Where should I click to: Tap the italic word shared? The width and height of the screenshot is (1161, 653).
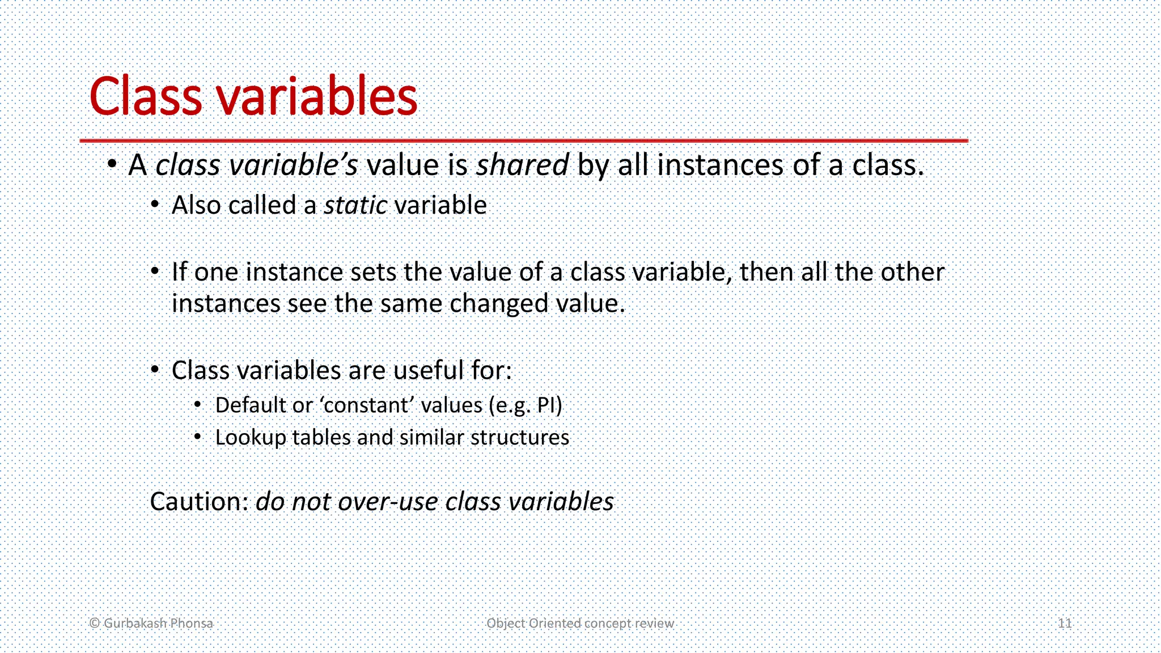(x=522, y=166)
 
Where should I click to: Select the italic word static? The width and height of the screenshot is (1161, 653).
(x=355, y=205)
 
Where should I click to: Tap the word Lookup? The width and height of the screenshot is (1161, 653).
(x=251, y=438)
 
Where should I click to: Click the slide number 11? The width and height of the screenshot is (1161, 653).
(x=1065, y=624)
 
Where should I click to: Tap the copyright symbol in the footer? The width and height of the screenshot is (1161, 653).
(x=95, y=624)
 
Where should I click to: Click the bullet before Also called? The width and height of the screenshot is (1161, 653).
(x=155, y=205)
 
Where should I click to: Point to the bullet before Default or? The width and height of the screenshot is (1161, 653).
(x=197, y=405)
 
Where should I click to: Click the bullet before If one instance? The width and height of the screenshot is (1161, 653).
(x=155, y=272)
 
